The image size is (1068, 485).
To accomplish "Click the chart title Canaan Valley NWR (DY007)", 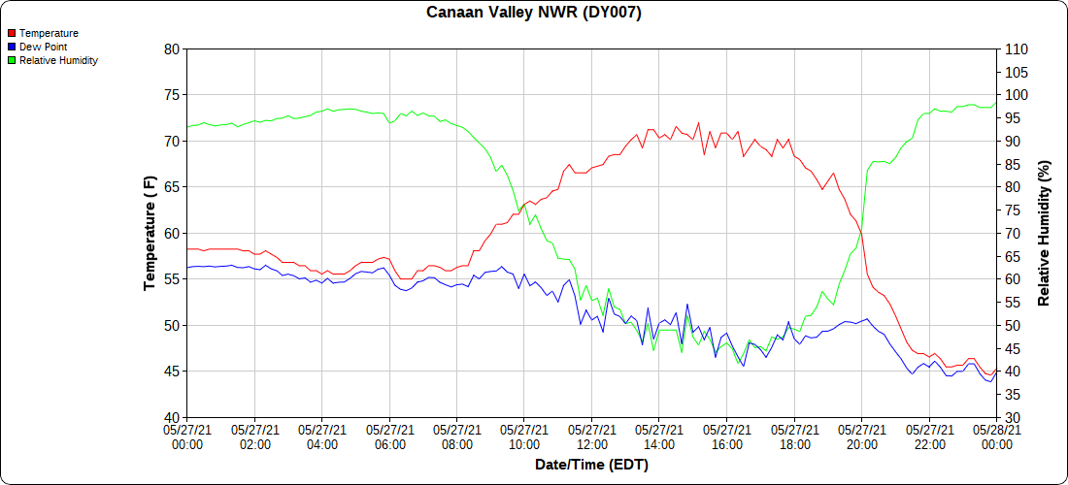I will coord(534,13).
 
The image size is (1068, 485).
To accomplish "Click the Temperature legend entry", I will coord(49,33).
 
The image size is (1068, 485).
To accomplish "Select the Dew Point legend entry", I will coord(43,47).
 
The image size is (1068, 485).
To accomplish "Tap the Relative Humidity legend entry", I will coord(58,60).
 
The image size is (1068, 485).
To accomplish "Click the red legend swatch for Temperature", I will coord(11,33).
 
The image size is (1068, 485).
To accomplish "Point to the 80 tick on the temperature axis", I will coord(172,48).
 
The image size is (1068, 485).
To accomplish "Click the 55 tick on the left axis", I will coord(172,279).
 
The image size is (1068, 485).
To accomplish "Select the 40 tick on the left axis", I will coord(172,417).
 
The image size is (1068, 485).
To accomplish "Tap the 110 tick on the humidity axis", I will coord(1016,48).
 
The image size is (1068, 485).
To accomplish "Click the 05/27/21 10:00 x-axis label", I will coord(524,436).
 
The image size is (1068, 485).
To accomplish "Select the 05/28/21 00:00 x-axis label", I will coord(996,436).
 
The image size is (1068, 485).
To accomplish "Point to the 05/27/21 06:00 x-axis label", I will coord(389,436).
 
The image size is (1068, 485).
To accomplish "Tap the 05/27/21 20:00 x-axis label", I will coord(861,436).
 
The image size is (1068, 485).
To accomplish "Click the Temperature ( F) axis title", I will coord(150,233).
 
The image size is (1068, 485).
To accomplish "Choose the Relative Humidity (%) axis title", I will coord(1045,233).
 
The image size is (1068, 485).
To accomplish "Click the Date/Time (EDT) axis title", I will coord(591,465).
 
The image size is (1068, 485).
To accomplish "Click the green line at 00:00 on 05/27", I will coord(188,127).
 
